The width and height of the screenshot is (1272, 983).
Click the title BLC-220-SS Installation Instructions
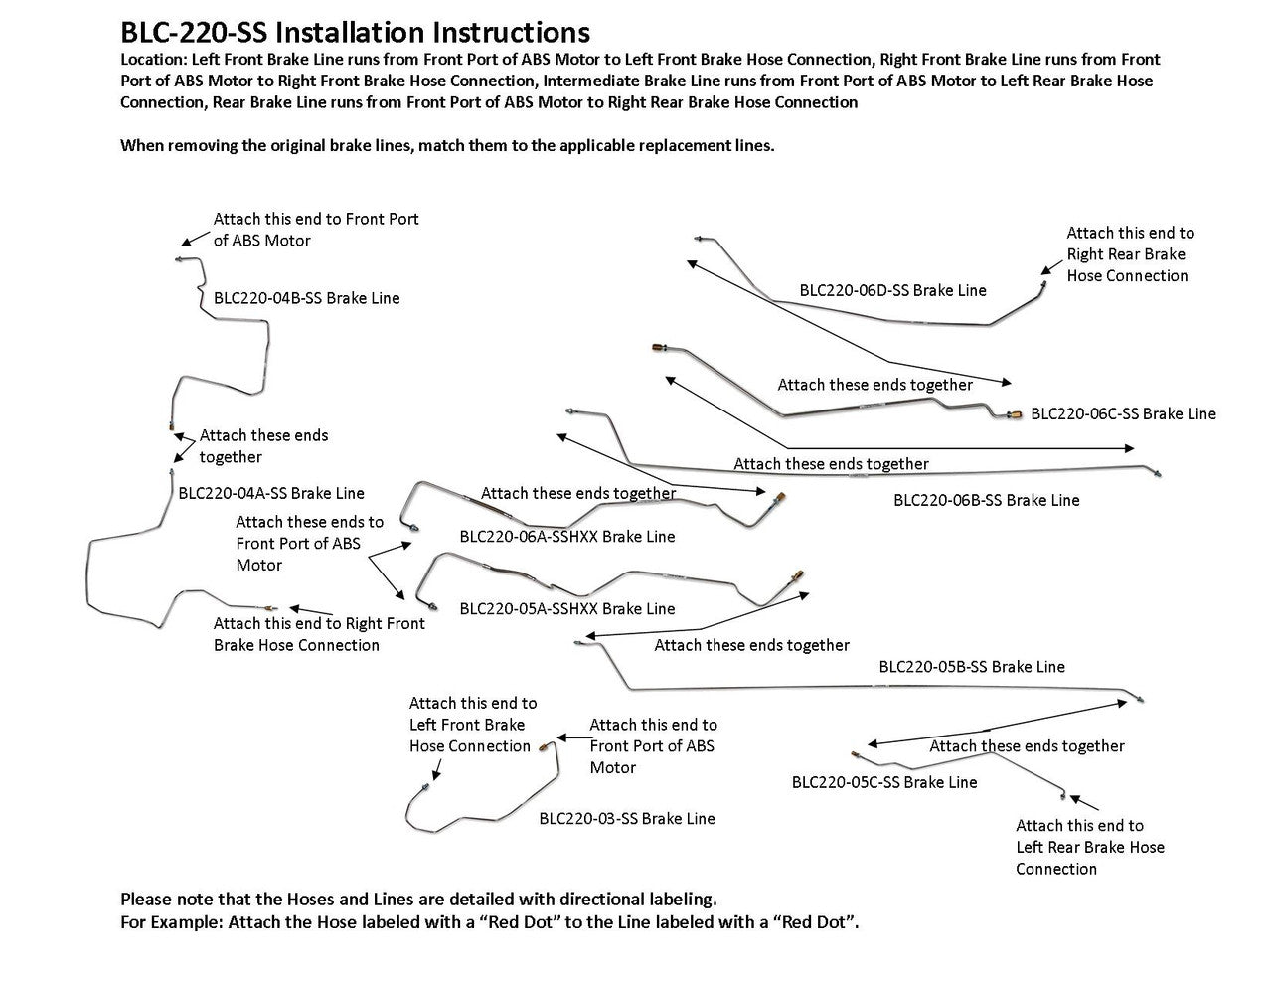click(355, 34)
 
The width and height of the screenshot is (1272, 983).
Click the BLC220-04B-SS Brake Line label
click(307, 298)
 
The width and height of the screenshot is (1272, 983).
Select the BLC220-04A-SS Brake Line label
click(271, 493)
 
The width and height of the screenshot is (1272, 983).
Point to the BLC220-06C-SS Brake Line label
click(1123, 413)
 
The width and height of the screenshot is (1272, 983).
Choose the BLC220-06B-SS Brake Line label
click(986, 500)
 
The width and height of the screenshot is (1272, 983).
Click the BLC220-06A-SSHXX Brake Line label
click(566, 537)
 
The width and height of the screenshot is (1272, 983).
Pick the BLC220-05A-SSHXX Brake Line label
click(566, 608)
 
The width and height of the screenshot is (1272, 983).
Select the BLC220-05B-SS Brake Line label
click(971, 667)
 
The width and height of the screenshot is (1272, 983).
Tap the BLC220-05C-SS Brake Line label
click(884, 782)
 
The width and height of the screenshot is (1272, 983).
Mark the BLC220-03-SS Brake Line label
click(627, 819)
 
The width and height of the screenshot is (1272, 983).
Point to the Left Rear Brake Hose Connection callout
click(1089, 847)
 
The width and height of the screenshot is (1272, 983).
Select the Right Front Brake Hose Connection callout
click(318, 634)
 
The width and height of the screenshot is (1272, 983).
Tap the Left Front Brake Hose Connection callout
click(472, 725)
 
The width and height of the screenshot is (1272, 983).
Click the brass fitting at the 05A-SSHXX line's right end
click(797, 574)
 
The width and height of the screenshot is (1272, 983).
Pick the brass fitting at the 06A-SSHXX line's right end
click(782, 494)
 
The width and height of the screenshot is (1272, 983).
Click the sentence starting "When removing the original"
click(447, 145)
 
